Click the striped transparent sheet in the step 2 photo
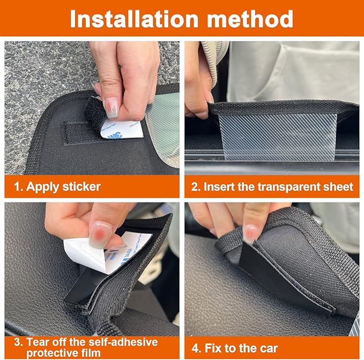click(276, 136)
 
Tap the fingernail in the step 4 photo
click(250, 232)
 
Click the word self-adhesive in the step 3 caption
click(116, 341)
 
